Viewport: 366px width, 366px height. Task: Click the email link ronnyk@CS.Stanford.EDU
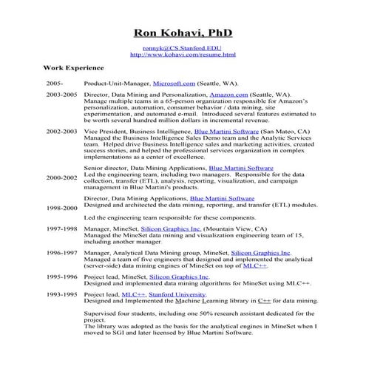click(x=183, y=47)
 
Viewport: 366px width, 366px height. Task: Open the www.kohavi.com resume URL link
click(x=183, y=55)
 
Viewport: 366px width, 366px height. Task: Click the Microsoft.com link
click(x=174, y=84)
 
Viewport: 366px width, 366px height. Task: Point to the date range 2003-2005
click(x=61, y=96)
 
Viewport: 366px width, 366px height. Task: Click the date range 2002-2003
click(x=61, y=130)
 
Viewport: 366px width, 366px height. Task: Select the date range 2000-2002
click(x=61, y=178)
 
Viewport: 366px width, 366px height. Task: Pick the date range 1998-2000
click(x=61, y=209)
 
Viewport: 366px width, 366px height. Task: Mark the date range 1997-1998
click(x=61, y=229)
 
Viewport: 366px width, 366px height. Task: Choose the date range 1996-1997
click(x=61, y=252)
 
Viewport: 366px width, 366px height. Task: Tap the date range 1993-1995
click(x=61, y=294)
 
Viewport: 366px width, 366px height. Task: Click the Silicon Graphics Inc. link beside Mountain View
click(x=171, y=229)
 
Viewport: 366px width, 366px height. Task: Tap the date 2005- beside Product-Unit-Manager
click(x=55, y=84)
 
